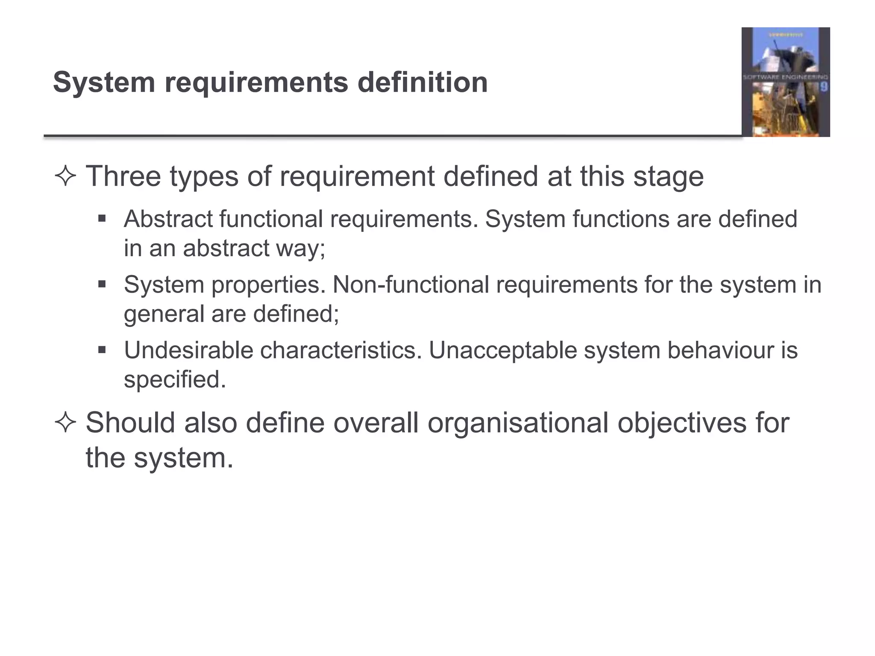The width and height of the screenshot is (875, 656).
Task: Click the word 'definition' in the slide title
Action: [422, 82]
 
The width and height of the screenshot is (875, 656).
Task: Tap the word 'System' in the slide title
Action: [103, 82]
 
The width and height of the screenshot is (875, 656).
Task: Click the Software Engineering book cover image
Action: [785, 82]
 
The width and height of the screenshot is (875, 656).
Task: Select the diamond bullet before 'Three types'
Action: [65, 176]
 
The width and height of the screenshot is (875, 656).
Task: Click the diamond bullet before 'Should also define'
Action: [65, 423]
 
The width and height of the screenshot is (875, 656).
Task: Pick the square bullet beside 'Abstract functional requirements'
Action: [102, 219]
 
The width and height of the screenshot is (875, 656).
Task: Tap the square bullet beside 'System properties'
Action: [102, 284]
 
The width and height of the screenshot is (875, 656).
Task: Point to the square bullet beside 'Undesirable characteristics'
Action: [102, 350]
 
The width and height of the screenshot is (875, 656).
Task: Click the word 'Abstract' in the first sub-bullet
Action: [168, 219]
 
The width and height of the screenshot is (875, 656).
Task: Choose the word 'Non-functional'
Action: [411, 284]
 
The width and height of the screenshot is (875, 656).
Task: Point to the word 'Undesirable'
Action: [188, 350]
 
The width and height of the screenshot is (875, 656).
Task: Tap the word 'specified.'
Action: [175, 379]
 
